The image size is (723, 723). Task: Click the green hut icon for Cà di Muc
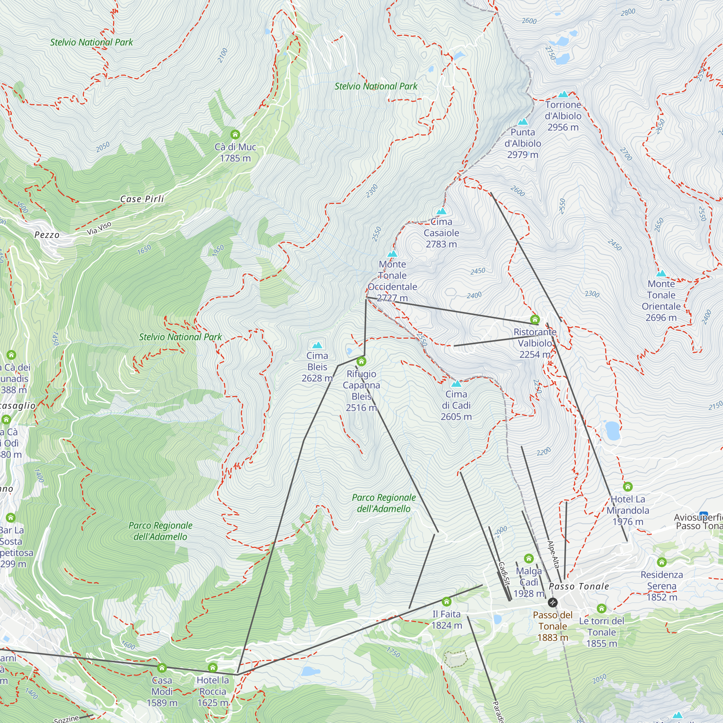(235, 134)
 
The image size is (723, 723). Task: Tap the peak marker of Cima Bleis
(317, 345)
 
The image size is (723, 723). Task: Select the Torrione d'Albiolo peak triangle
(563, 94)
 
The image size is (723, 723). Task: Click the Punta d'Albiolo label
(523, 143)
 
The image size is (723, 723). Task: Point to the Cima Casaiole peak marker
(442, 211)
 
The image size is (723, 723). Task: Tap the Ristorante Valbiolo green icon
(535, 319)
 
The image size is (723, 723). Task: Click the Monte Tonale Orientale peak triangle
(661, 274)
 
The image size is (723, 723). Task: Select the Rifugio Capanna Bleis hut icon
(361, 361)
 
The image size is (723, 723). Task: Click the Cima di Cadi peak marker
(456, 384)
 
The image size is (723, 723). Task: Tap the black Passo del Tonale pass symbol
(553, 603)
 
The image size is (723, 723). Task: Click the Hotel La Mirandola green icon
(628, 487)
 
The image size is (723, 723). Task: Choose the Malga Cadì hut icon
(529, 559)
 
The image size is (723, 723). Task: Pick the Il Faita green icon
(446, 602)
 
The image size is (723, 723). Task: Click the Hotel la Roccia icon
(213, 668)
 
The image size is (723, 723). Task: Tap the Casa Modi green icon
(162, 668)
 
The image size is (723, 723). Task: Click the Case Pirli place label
(142, 199)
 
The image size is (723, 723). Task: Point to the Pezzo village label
(47, 235)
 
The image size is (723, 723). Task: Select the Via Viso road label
(99, 228)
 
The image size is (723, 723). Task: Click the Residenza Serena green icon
(662, 562)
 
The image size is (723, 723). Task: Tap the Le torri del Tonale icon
(602, 608)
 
